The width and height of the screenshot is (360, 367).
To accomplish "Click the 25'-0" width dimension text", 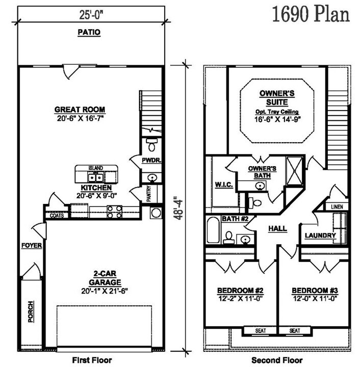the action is pos(91,15).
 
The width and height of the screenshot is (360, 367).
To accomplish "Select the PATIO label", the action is pos(89,32).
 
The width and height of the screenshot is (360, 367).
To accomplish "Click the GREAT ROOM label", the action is pos(80,110).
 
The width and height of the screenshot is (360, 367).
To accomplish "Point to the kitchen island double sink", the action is pos(96,178).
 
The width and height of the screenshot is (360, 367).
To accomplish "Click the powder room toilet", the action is pos(152,144).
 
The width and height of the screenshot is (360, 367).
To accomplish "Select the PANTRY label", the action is pos(148,194).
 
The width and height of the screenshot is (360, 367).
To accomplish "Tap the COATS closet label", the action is pos(57,215).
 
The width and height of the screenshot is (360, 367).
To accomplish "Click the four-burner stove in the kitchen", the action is pos(114,212).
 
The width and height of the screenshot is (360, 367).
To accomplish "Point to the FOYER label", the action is pos(32,246).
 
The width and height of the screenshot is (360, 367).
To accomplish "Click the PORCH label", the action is pos(31,311).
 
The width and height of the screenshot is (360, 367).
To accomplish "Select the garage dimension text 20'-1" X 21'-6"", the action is pos(105,291).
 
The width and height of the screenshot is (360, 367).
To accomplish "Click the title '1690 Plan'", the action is pos(311,14).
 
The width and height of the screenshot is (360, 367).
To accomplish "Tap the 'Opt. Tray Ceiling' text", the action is pos(277,112).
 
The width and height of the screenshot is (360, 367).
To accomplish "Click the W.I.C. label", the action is pos(224,185).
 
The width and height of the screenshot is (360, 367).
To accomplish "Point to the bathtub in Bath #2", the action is pos(213,230).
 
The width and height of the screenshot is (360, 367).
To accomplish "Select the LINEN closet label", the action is pos(337,206).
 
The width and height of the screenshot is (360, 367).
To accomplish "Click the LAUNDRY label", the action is pos(320,235).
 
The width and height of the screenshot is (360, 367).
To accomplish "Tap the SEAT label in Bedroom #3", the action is pos(295,331).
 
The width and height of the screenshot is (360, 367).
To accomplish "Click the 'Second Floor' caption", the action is pos(277,360).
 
